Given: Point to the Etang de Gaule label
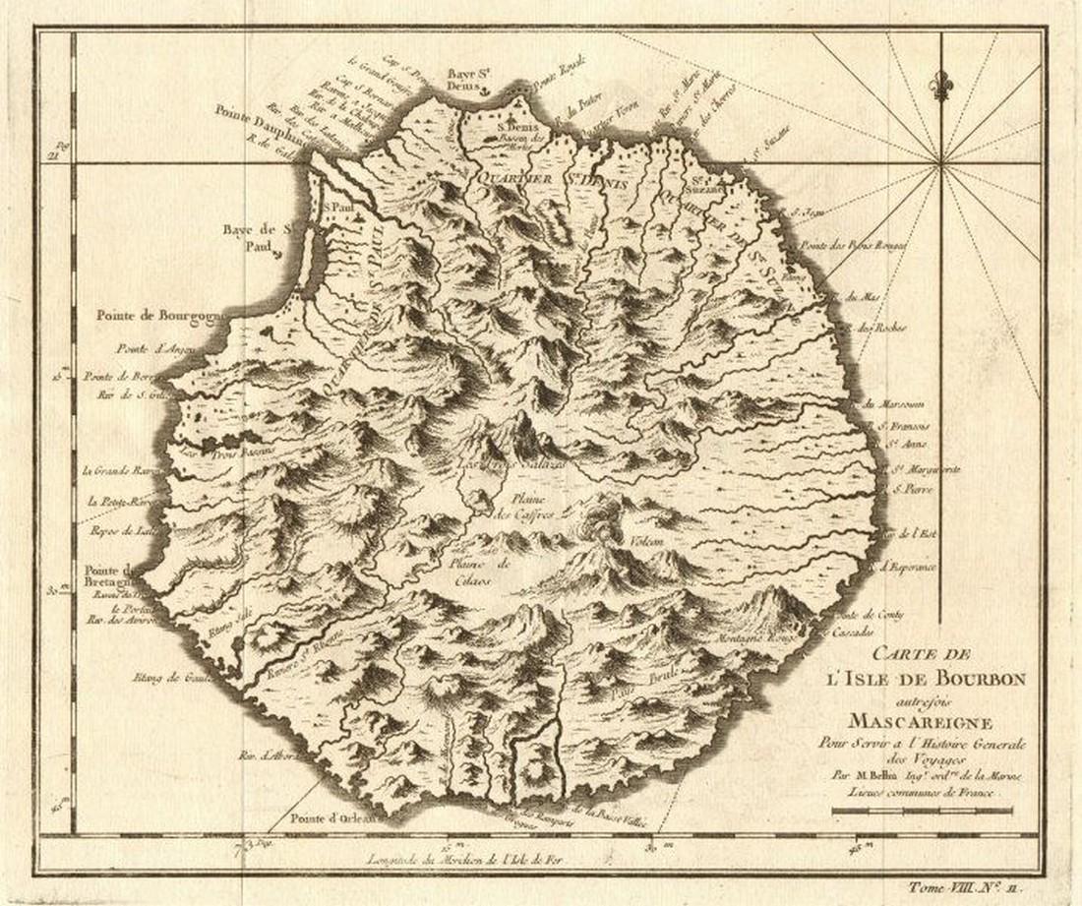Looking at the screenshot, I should coord(163,677).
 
